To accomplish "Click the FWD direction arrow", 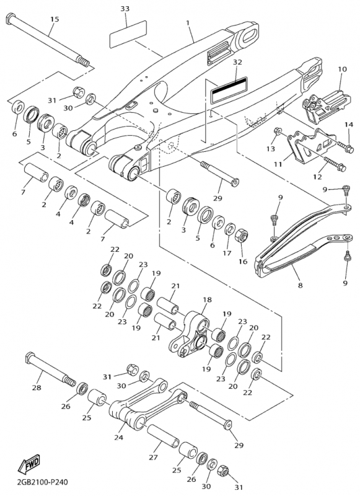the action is (29, 464).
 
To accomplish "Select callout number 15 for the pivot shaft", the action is (55, 19).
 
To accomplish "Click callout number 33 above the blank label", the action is (125, 9).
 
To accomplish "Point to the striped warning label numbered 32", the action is (229, 89).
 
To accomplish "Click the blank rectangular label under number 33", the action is (128, 34).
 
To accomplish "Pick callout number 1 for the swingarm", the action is (188, 23).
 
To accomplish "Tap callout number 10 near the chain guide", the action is (342, 69).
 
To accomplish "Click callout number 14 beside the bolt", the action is (349, 125).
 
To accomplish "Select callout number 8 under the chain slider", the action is (301, 285).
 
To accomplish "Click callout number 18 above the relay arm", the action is (208, 299).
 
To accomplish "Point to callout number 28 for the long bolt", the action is (37, 387).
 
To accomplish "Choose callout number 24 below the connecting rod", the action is (119, 438).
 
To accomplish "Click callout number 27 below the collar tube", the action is (153, 458).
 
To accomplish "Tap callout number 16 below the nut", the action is (243, 262).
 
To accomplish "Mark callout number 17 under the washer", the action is (227, 253).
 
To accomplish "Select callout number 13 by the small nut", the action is (271, 149).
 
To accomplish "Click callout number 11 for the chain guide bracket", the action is (278, 164).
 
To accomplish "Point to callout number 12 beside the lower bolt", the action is (318, 177).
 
